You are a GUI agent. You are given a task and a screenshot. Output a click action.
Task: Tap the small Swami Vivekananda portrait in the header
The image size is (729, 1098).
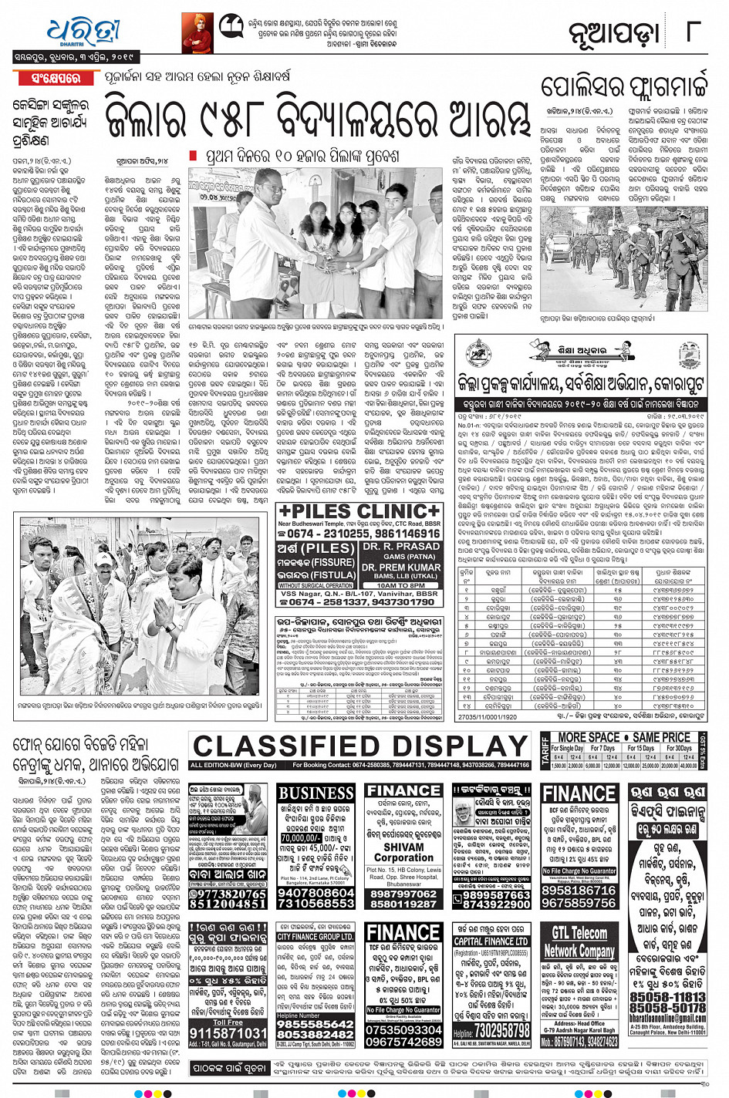point(197,32)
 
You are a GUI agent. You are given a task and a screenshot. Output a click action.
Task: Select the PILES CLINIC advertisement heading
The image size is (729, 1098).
point(359,511)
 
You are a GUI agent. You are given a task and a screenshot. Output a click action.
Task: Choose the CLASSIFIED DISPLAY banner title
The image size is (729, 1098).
point(360,746)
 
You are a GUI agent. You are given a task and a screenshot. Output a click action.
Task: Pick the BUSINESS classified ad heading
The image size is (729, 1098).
point(316,793)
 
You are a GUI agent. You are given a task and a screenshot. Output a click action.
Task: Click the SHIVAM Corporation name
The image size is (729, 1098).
point(403,846)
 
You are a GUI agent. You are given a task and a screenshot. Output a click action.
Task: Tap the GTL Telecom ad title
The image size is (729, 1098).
point(579,932)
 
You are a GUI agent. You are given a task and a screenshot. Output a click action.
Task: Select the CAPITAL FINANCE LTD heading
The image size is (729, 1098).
point(491,941)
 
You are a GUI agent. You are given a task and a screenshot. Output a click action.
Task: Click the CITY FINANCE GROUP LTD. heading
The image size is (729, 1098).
point(316,937)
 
